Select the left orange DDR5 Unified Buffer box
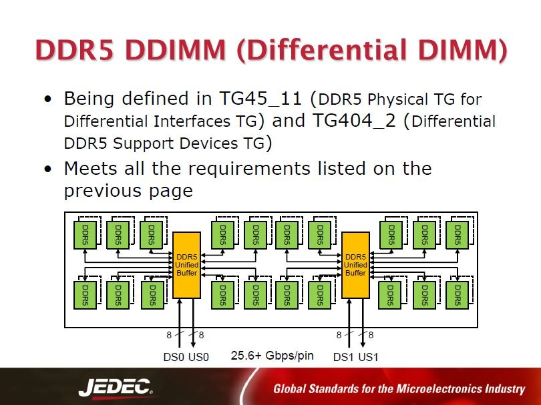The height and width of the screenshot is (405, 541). (187, 265)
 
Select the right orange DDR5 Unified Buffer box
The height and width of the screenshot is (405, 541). (355, 265)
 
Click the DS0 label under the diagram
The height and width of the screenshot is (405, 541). (174, 357)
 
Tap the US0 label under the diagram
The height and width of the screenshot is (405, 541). (198, 357)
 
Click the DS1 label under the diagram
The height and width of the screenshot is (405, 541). (343, 357)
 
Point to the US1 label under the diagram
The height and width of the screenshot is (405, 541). (368, 357)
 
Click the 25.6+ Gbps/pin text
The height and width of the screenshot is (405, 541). (272, 356)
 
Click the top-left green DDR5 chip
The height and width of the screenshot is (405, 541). (84, 235)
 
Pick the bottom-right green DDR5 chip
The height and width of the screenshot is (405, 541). (457, 295)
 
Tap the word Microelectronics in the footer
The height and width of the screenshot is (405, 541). (438, 389)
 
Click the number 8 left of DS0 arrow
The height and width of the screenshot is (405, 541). (169, 335)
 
